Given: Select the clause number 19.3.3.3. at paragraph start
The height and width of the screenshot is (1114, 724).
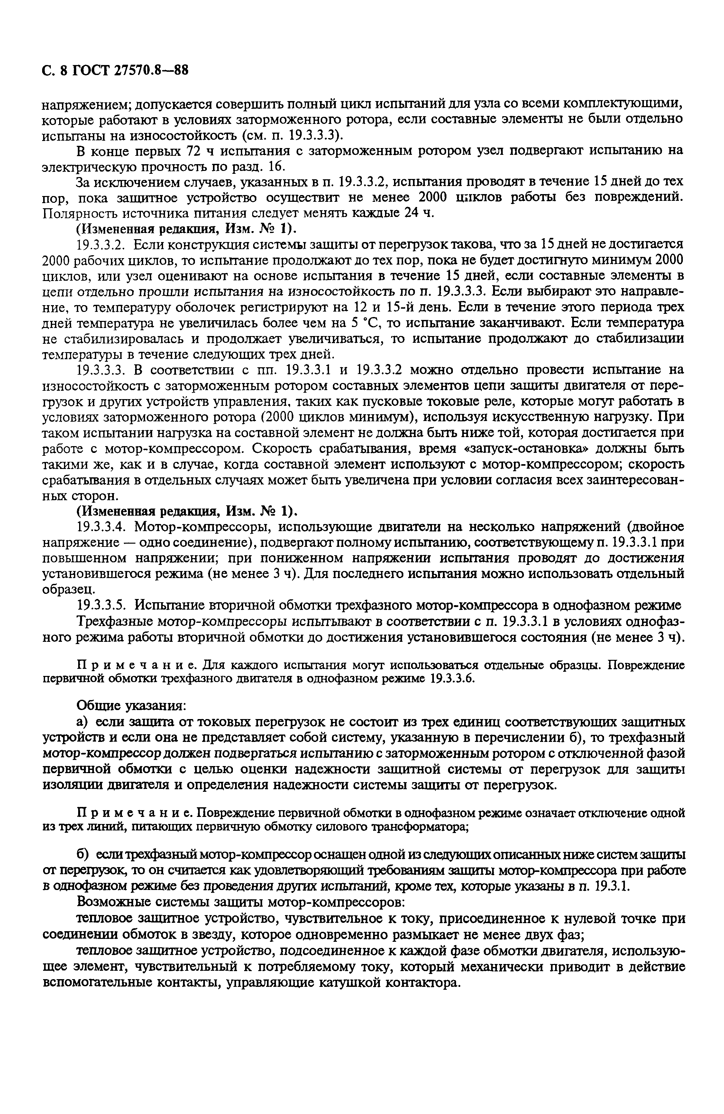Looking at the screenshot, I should pyautogui.click(x=102, y=370).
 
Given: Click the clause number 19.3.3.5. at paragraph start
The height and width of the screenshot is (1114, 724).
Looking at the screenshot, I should pyautogui.click(x=102, y=606).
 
